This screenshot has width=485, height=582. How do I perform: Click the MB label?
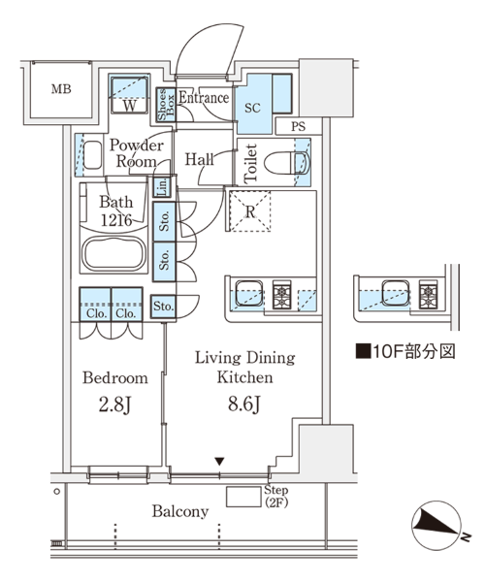pyautogui.click(x=61, y=89)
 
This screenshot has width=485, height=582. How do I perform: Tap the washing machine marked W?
pyautogui.click(x=130, y=94)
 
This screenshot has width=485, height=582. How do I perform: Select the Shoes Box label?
pyautogui.click(x=166, y=105)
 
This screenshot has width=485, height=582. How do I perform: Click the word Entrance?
pyautogui.click(x=204, y=98)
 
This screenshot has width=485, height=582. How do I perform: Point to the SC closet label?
pyautogui.click(x=252, y=108)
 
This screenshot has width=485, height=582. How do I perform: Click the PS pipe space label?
pyautogui.click(x=299, y=126)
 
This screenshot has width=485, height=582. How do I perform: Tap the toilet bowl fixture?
pyautogui.click(x=287, y=163)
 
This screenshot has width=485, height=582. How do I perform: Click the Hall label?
pyautogui.click(x=199, y=159)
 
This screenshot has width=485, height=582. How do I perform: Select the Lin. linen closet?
pyautogui.click(x=163, y=186)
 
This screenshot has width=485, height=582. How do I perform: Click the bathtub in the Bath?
pyautogui.click(x=113, y=254)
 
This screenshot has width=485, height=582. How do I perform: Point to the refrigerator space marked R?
pyautogui.click(x=250, y=211)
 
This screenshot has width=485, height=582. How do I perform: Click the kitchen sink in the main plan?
pyautogui.click(x=249, y=293)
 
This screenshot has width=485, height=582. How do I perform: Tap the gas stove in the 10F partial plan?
pyautogui.click(x=429, y=294)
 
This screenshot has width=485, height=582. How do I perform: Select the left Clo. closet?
pyautogui.click(x=95, y=304)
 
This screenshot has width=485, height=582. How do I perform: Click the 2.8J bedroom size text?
pyautogui.click(x=115, y=404)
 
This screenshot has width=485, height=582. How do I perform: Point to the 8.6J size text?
pyautogui.click(x=244, y=404)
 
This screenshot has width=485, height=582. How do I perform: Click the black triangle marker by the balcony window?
pyautogui.click(x=219, y=462)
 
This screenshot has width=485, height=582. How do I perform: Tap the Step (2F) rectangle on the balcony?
pyautogui.click(x=243, y=497)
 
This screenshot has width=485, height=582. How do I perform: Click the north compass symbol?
pyautogui.click(x=437, y=525)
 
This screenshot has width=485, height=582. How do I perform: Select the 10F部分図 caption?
pyautogui.click(x=405, y=351)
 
